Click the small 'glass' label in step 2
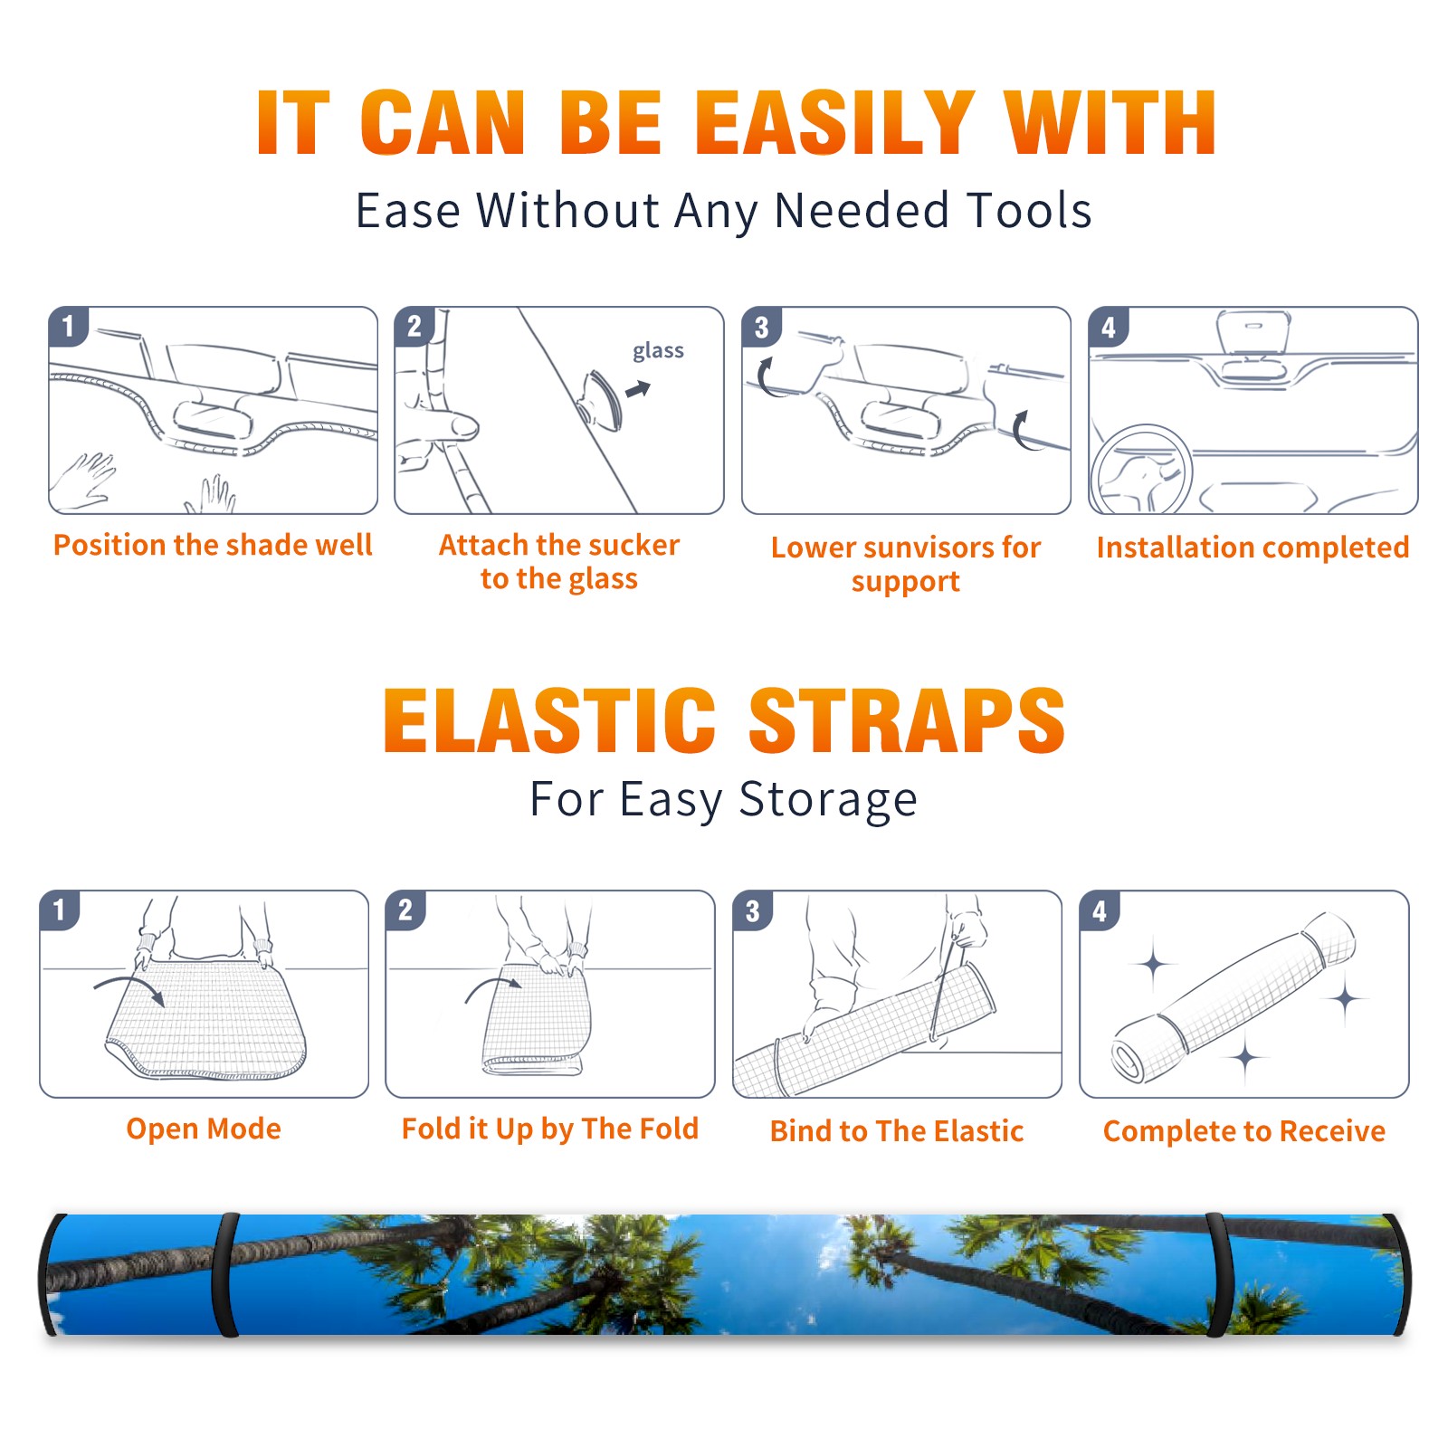(x=658, y=351)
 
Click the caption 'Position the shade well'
(x=213, y=545)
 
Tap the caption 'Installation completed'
(x=1253, y=548)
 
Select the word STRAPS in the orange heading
(x=907, y=720)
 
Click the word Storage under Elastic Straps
(x=828, y=800)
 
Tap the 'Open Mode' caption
(x=204, y=1129)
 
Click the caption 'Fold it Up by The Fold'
(x=550, y=1129)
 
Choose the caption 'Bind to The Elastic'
(x=897, y=1131)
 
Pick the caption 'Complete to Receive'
(x=1244, y=1131)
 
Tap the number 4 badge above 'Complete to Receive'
(x=1100, y=910)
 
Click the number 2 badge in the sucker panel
(x=414, y=326)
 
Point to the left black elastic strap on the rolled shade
(x=225, y=1275)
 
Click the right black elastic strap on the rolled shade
(x=1217, y=1275)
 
